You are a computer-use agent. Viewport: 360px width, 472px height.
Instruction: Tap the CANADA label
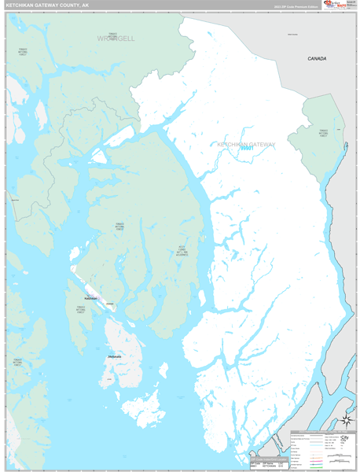coord(316,59)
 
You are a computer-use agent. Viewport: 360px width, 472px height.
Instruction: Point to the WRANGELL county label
coord(116,38)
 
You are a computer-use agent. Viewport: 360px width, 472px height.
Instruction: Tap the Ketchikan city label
coord(90,299)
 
